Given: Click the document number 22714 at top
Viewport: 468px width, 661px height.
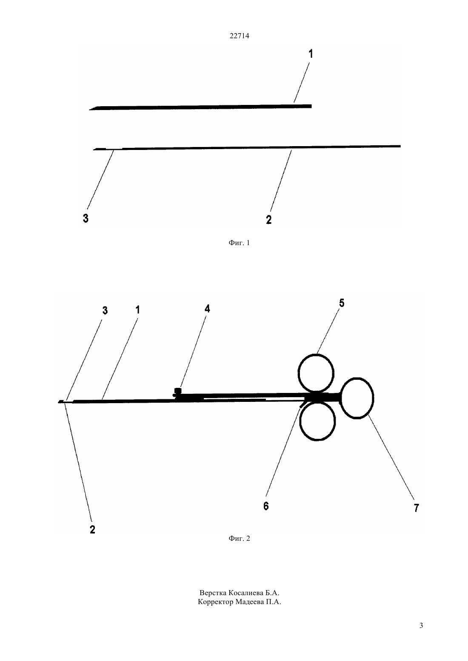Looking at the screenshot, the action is coord(239,36).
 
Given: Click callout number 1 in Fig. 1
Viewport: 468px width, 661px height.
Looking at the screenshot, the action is coord(311,54).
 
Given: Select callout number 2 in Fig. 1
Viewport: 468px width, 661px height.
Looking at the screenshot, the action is coord(268,220).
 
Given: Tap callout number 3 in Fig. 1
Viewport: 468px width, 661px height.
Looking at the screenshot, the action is coord(86,218).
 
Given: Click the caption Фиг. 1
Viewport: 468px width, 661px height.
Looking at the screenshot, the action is coord(239,243).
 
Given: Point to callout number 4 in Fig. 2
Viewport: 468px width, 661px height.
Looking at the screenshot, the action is coord(208,309).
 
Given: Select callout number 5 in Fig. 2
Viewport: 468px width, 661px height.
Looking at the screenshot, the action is coord(342,303).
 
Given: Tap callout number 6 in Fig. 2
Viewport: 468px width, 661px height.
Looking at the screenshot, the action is coord(266,506).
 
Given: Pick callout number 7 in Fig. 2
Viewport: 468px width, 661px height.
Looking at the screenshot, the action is coord(416,508).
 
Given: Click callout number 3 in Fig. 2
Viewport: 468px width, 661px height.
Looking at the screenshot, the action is coord(105,311).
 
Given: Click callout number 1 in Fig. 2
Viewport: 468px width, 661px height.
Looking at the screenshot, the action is coord(137,310).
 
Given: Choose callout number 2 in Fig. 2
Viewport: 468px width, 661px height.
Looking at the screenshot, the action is coord(92,530).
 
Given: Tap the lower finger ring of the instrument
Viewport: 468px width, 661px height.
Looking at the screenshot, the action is coord(317,440).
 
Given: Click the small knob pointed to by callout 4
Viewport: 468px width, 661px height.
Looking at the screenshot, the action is coord(177,391).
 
